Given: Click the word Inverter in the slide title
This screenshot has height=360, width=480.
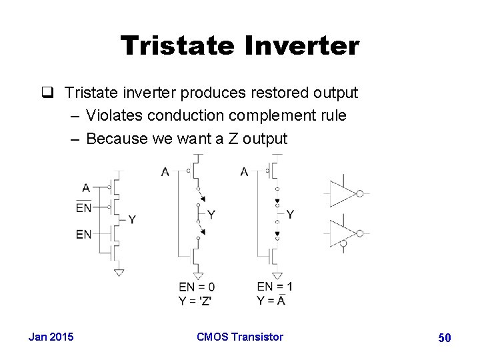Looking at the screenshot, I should tap(305, 46).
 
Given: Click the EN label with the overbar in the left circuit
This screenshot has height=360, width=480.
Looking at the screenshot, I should tap(84, 208).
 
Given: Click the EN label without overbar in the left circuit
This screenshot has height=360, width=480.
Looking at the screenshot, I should tap(84, 234).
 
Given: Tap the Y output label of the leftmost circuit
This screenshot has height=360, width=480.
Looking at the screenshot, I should tap(132, 219).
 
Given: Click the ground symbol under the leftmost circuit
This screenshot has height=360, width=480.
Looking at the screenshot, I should tap(119, 272).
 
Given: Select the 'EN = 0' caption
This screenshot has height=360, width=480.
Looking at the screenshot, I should tap(197, 287).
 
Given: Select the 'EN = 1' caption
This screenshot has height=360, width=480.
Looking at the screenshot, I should tap(275, 287).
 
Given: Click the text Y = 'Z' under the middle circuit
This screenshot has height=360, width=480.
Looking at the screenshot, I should tap(195, 300).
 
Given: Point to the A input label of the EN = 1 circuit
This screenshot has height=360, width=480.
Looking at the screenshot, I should tap(244, 173).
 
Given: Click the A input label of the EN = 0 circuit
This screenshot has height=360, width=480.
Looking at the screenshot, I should tap(165, 173).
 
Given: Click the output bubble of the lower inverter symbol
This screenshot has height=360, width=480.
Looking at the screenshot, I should tap(360, 233).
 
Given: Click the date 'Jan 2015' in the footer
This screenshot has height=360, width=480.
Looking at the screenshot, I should tap(51, 337).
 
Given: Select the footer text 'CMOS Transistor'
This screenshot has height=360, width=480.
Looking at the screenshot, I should tap(240, 337).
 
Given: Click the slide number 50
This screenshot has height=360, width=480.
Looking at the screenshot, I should tap(445, 338).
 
